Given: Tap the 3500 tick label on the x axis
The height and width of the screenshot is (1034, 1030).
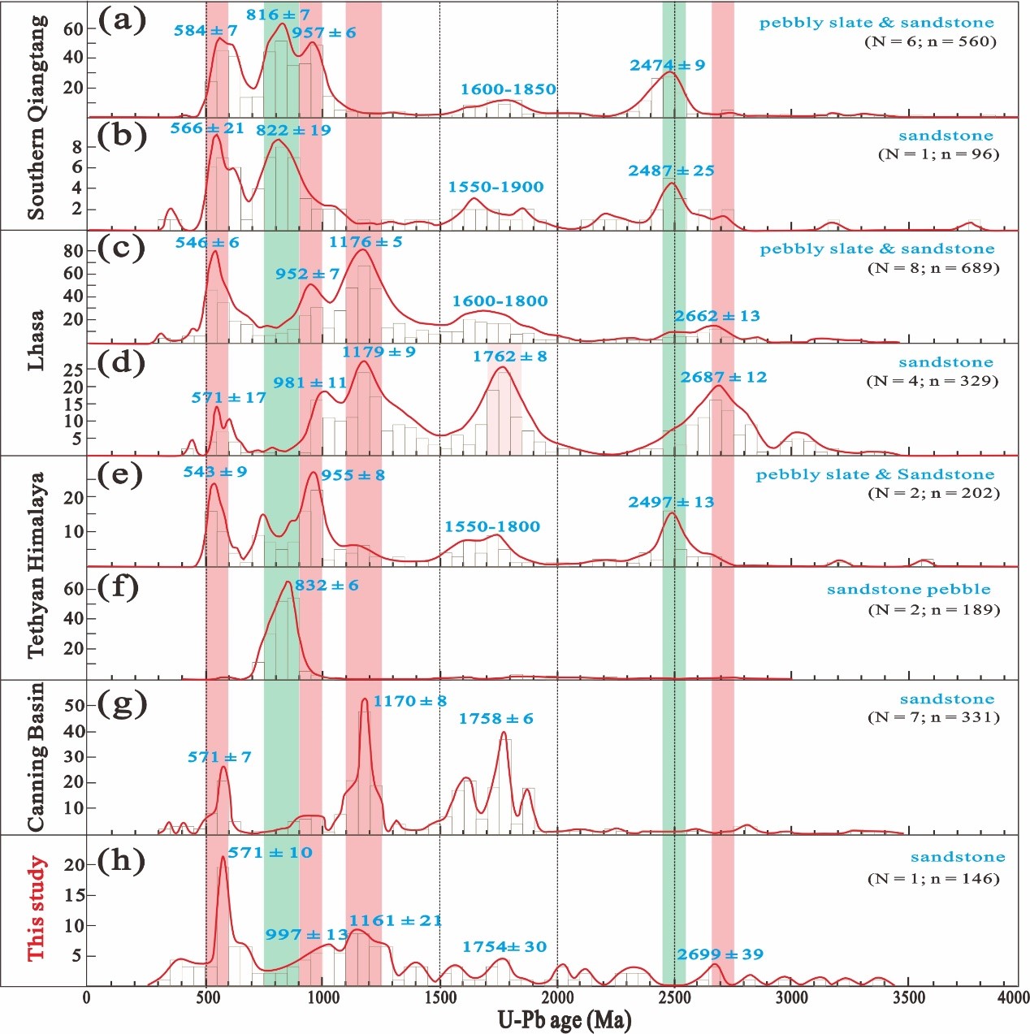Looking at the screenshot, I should click(x=908, y=998).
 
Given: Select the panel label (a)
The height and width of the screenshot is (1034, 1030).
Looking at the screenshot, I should click(x=122, y=19).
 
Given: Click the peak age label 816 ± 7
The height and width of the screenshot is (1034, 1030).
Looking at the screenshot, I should click(x=278, y=15).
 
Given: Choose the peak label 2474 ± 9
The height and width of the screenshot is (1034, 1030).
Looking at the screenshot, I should click(x=667, y=65).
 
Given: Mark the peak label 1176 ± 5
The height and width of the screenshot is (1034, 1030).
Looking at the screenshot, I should click(x=365, y=242).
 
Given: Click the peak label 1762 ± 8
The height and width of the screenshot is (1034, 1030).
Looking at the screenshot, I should click(x=509, y=357).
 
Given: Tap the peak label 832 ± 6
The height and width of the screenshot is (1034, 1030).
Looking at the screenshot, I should click(x=327, y=585).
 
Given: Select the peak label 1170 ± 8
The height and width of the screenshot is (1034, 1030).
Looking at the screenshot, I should click(x=409, y=701).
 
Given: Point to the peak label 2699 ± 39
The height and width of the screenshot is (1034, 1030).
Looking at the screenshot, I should click(x=720, y=954).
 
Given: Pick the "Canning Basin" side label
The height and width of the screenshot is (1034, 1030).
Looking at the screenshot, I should click(x=36, y=757).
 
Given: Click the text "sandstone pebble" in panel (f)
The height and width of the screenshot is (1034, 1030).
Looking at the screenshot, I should click(x=908, y=590).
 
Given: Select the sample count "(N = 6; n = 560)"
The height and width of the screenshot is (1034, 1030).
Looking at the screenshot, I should click(x=930, y=41).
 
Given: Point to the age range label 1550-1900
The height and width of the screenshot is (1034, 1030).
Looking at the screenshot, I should click(x=496, y=187).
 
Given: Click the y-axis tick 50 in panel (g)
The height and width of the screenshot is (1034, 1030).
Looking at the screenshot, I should click(x=74, y=705).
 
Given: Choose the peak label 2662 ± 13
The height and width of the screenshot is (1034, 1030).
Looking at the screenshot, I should click(x=716, y=316).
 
